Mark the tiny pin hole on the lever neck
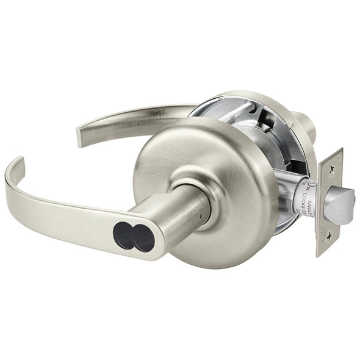tap(200, 211)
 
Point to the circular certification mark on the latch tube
tap(312, 182)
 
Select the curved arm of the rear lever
tap(140, 116)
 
